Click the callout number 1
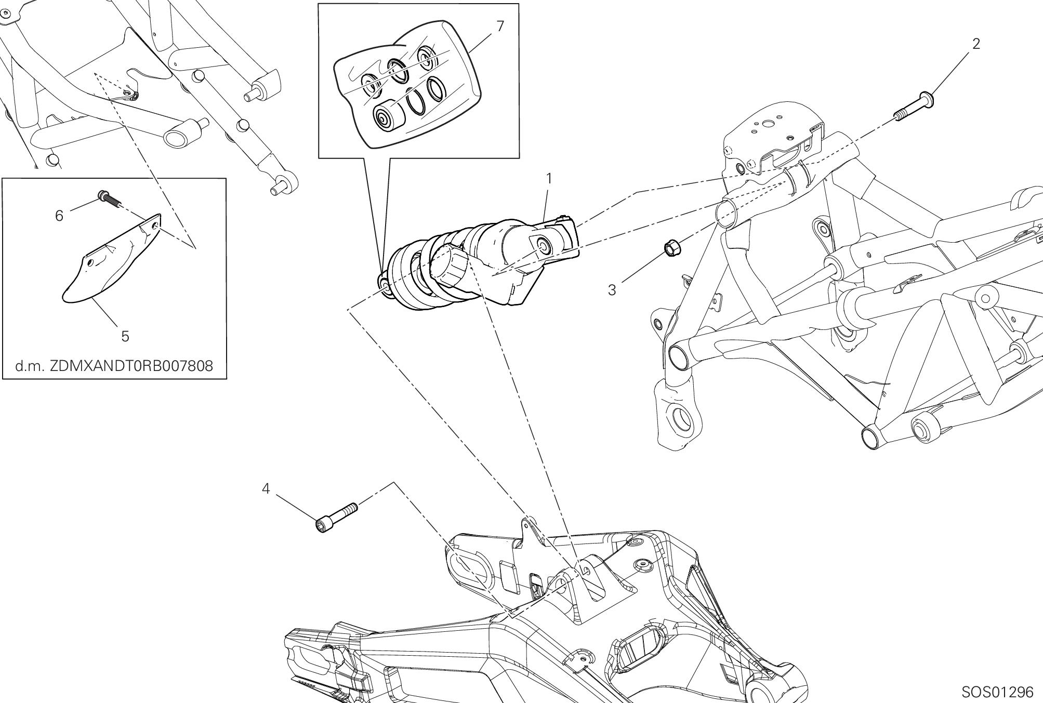[x=549, y=179]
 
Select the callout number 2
[x=976, y=45]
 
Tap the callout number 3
[x=612, y=290]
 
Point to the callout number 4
[x=266, y=489]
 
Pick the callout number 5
[x=125, y=336]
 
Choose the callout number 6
[x=59, y=215]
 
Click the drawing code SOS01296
[x=997, y=692]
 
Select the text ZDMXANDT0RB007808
[x=131, y=366]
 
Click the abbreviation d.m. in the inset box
[x=30, y=366]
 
